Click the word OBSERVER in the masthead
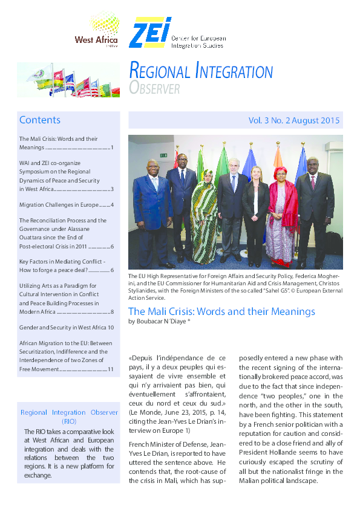pos(154,89)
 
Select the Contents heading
pos(40,120)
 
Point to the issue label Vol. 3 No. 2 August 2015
pos(294,120)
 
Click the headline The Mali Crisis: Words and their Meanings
pos(221,312)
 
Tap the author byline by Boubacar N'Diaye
pos(163,322)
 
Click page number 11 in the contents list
pos(110,369)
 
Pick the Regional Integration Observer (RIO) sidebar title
pos(69,417)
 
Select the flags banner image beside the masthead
pos(68,80)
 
